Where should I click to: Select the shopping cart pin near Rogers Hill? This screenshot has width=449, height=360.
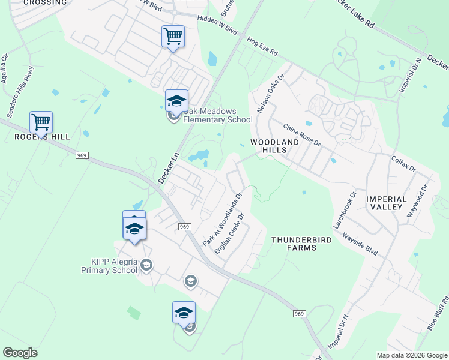coord(41,122)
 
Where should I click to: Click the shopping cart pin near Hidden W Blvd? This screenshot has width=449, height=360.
coord(173,36)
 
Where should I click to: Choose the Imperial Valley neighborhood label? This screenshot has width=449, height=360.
coord(387,202)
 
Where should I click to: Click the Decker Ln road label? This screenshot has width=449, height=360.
coord(169,167)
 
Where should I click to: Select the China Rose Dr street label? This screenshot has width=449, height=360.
coord(302,136)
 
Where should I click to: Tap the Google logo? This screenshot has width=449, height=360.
coord(20,353)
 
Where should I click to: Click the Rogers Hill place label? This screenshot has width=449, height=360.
coord(42,137)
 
